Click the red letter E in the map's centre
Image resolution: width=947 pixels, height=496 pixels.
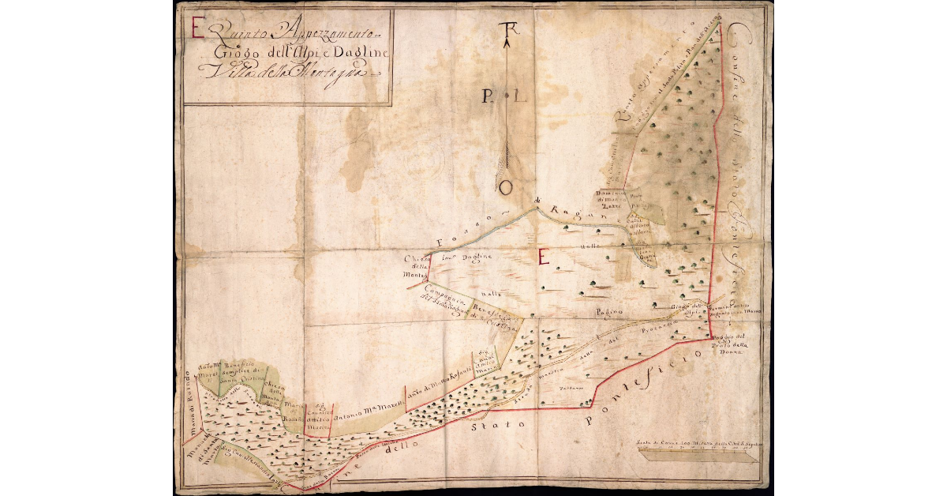[543, 256]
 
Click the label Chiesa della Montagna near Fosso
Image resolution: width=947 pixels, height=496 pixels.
[417, 266]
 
